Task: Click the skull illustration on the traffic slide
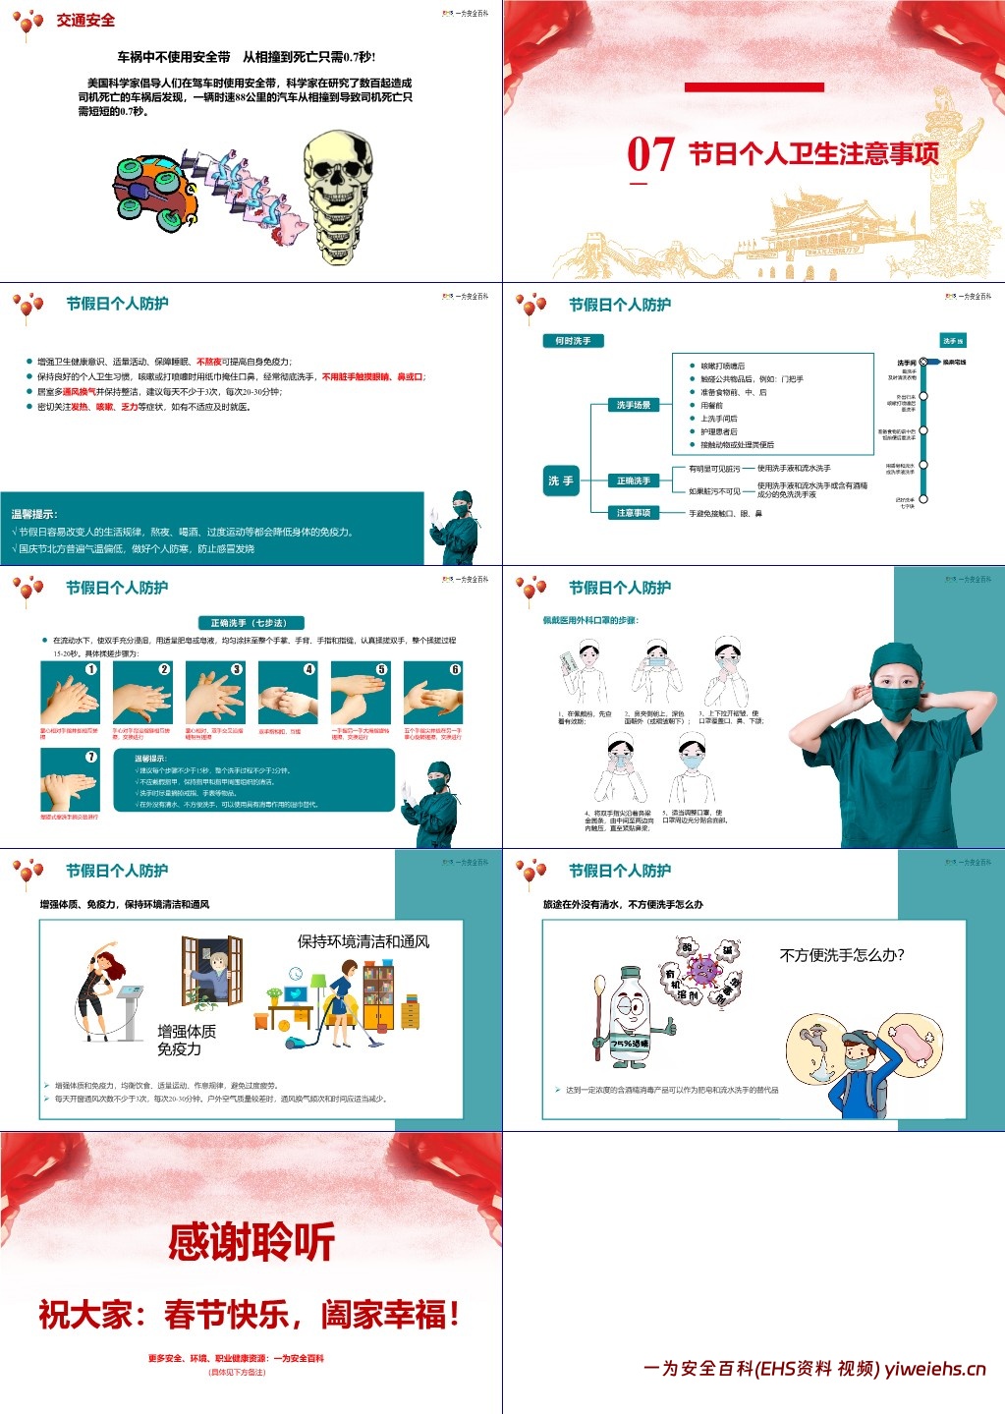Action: point(338,187)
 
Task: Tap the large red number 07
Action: point(650,155)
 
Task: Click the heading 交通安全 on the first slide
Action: point(85,20)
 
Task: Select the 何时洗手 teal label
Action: point(573,341)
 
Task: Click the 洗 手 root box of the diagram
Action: point(560,481)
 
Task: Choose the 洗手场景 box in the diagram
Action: point(634,405)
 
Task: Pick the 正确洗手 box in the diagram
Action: point(634,481)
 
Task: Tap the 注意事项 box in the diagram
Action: point(634,512)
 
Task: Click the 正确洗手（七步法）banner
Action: point(251,622)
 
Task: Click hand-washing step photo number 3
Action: point(215,693)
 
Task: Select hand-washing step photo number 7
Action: point(70,780)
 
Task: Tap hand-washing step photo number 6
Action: point(433,693)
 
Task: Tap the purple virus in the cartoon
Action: point(704,971)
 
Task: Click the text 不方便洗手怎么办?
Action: point(842,955)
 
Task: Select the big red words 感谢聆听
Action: point(251,1242)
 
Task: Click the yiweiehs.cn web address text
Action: point(934,1369)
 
